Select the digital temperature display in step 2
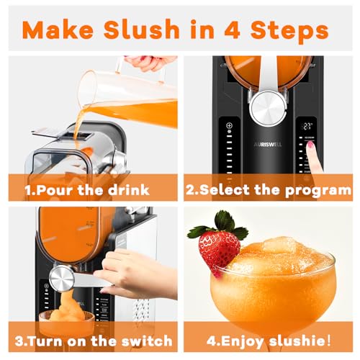click(307, 127)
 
